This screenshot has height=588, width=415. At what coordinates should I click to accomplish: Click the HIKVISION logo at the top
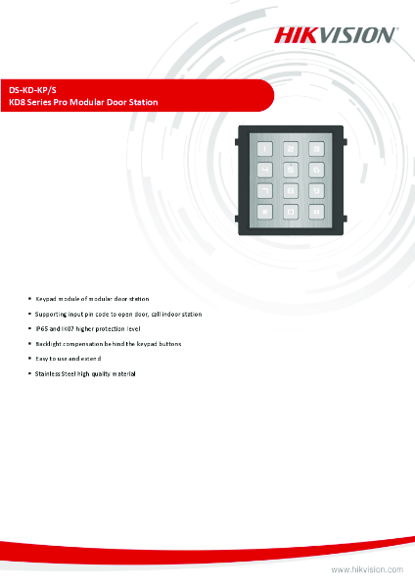coord(335,34)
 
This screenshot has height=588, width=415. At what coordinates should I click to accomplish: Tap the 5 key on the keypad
coord(290,169)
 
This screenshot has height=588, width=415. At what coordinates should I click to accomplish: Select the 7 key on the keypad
coord(264,189)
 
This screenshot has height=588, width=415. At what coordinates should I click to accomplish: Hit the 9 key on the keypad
coord(316,189)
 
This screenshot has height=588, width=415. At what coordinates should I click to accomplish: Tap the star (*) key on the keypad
coord(264,211)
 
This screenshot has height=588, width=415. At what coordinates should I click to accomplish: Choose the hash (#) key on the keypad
coord(316,211)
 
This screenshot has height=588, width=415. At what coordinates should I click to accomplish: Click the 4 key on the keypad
coord(264,169)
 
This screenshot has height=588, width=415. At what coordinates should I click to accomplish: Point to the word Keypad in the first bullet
coord(47,297)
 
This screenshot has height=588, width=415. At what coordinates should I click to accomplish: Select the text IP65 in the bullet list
coord(43,329)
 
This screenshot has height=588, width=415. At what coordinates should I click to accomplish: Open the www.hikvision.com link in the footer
coord(367,568)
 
